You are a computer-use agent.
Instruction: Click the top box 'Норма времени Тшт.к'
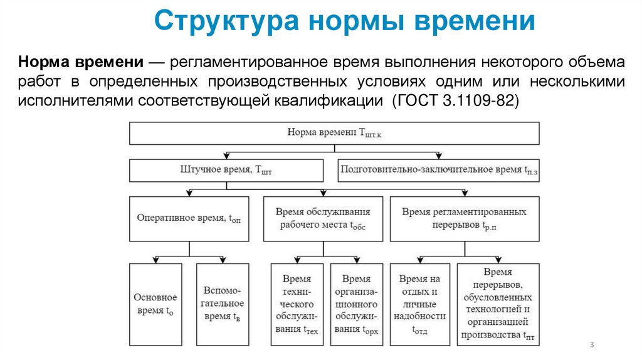[334, 133]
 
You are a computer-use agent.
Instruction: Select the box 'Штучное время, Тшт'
[226, 170]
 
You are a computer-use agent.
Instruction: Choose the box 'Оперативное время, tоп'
[189, 218]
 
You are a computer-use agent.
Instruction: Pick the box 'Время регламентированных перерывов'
[464, 218]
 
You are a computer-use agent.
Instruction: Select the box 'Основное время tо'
[155, 304]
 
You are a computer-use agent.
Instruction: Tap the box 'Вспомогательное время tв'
[223, 304]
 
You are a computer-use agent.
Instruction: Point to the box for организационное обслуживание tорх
[355, 304]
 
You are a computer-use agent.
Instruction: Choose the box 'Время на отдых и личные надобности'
[420, 304]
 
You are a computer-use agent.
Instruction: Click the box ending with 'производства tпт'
[498, 304]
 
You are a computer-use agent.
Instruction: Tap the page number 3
[592, 346]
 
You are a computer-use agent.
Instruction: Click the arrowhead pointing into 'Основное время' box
[155, 260]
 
